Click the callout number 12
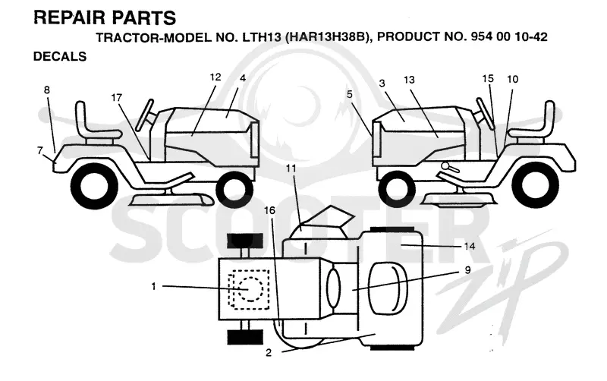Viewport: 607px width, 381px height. pos(215,77)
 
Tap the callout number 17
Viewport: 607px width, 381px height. pos(117,98)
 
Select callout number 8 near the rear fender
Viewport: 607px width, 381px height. pos(47,90)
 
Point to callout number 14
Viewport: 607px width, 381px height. pos(469,246)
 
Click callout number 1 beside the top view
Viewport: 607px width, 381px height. pos(154,286)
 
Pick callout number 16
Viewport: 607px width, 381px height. pos(269,210)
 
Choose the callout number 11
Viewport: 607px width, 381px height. pos(291,168)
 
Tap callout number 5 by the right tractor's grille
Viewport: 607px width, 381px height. pos(350,94)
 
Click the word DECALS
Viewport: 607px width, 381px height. pos(60,56)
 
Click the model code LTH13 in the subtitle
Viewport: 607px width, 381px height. pos(262,37)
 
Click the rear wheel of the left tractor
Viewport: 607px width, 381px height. pos(93,186)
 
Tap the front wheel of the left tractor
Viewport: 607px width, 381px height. pos(235,190)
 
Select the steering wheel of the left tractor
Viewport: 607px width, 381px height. pos(144,115)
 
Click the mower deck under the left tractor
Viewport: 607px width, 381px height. pos(171,200)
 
